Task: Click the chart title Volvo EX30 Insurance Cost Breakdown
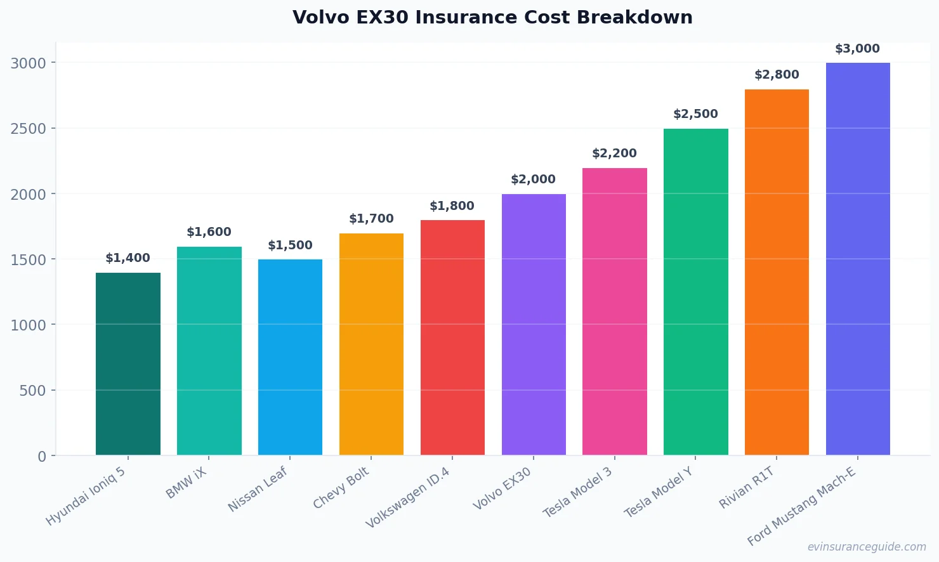[x=492, y=17]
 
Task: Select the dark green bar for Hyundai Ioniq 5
[x=128, y=364]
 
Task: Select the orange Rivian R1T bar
[x=777, y=272]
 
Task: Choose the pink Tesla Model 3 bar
[x=615, y=311]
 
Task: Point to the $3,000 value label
[x=857, y=49]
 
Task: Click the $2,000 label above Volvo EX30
[x=533, y=180]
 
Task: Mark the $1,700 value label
[x=371, y=219]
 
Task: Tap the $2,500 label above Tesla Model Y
[x=695, y=114]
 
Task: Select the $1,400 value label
[x=128, y=258]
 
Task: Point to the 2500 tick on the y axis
[x=29, y=129]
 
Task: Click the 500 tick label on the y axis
[x=32, y=391]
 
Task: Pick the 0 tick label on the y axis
[x=42, y=457]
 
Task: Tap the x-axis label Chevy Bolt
[x=341, y=488]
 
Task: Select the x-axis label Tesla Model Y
[x=659, y=493]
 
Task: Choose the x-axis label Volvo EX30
[x=502, y=489]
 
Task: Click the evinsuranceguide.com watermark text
[x=867, y=547]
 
